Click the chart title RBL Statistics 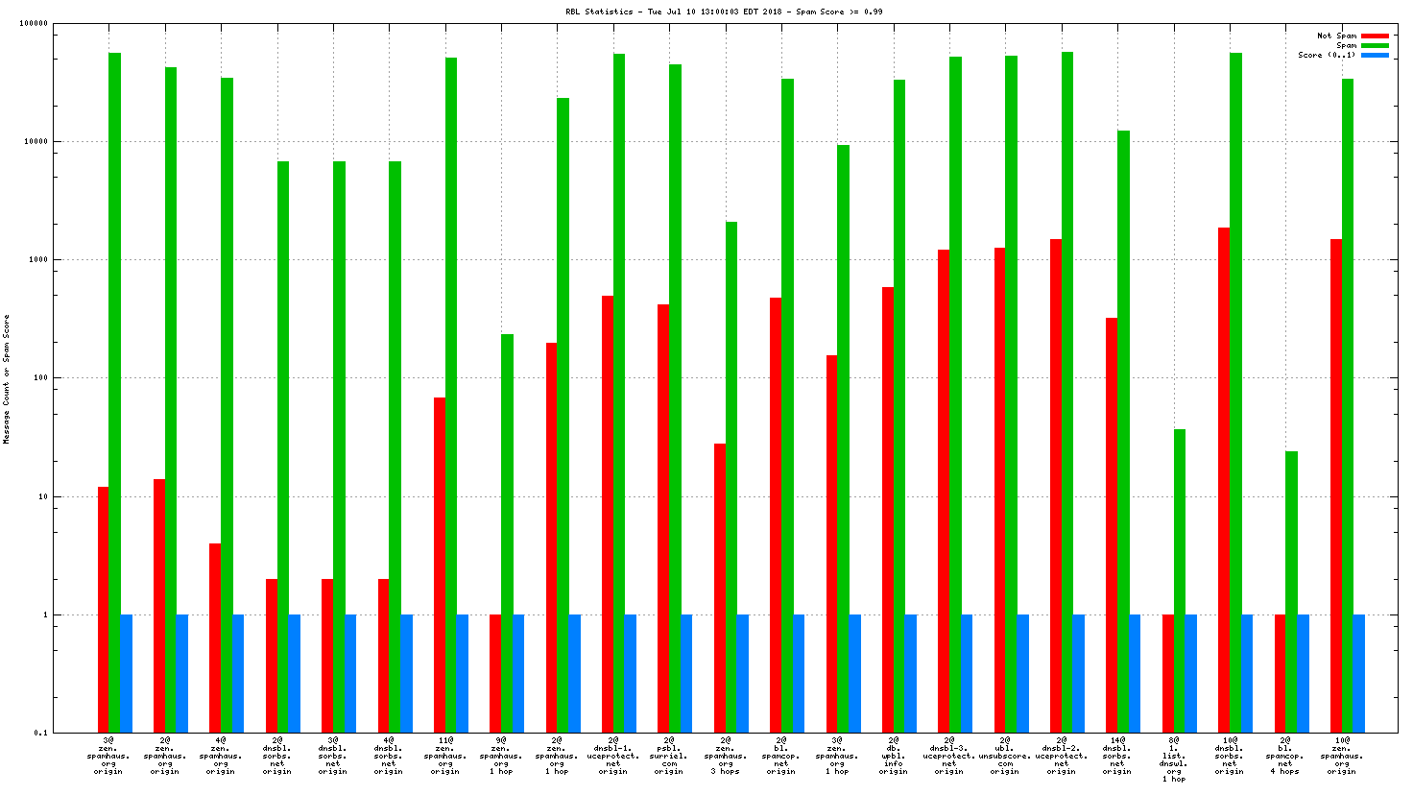(724, 12)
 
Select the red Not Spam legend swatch (1375, 36)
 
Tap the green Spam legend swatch (1375, 45)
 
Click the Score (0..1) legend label (1327, 55)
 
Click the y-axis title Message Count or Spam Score (7, 379)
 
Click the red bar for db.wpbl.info (888, 509)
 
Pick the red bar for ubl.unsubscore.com (1000, 490)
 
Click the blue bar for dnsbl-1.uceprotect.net (631, 673)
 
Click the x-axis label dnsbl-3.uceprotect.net (949, 756)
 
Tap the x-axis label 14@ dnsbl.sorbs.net (1117, 756)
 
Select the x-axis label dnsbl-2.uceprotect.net (1062, 756)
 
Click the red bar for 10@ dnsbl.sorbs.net (1224, 480)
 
